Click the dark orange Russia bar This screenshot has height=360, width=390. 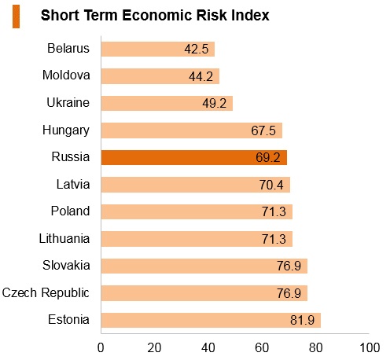(194, 157)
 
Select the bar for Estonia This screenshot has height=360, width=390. (211, 320)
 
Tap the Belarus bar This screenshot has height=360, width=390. (158, 49)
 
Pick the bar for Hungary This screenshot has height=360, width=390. (192, 130)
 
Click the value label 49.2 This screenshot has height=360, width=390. (214, 103)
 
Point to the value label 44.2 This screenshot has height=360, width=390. (201, 76)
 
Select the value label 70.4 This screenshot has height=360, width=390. (271, 185)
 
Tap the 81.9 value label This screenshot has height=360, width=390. (302, 320)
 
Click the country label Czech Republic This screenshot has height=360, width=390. (46, 293)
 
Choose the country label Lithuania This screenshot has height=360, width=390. (64, 239)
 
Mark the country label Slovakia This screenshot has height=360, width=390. (66, 266)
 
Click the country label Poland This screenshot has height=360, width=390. (70, 211)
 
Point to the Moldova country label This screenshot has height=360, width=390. (66, 75)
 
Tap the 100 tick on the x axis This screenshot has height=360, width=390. (370, 348)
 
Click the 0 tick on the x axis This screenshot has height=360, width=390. (101, 348)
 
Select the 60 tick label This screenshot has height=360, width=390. (262, 348)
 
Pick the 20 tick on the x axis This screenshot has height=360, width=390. (154, 348)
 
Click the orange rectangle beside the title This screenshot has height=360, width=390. (16, 17)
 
